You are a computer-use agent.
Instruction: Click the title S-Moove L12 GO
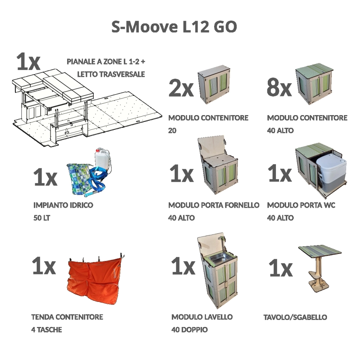coord(174,27)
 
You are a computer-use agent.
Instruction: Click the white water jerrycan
coord(102,159)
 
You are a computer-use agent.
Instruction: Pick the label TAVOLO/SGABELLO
coord(295,317)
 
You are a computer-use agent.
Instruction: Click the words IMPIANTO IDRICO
coord(63,205)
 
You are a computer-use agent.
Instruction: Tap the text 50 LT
coord(42,217)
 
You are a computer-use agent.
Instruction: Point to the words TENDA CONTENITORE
coord(67,317)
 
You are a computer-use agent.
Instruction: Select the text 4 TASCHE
coord(46,330)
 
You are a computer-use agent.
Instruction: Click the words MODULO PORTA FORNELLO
coord(214,205)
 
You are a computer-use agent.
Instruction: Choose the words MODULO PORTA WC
coord(301,205)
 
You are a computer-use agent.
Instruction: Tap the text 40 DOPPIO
coord(189,330)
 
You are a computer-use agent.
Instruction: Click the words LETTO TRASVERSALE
coord(111,74)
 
